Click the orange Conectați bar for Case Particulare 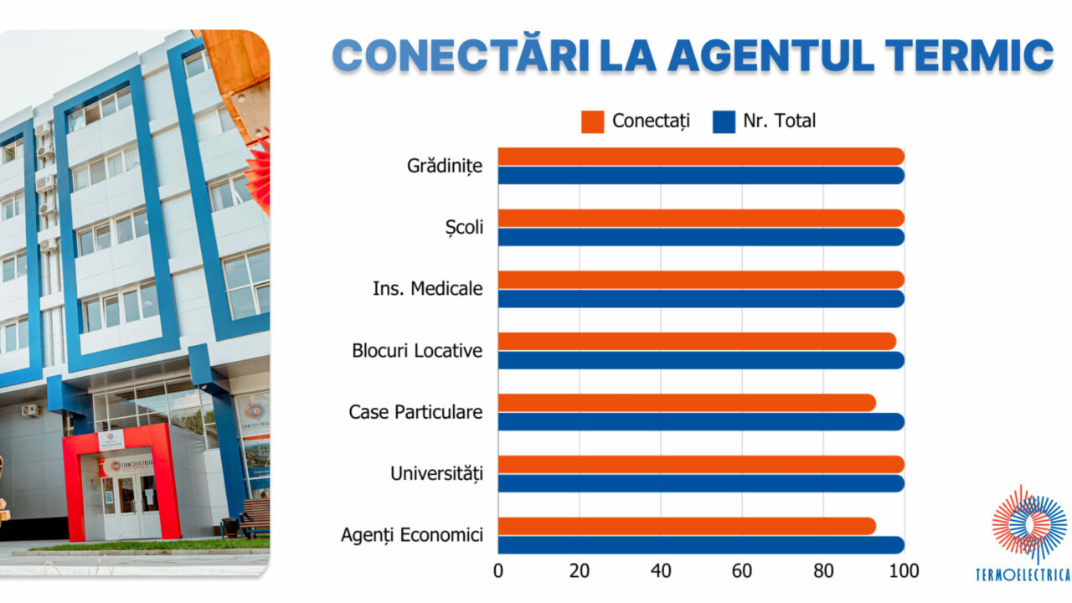pyautogui.click(x=687, y=403)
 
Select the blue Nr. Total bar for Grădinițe pyautogui.click(x=701, y=176)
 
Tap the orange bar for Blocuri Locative pyautogui.click(x=697, y=341)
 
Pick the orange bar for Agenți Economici pyautogui.click(x=687, y=526)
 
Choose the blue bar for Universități pyautogui.click(x=701, y=483)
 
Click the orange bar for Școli pyautogui.click(x=701, y=218)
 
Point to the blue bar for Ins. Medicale pyautogui.click(x=701, y=299)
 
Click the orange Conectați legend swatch pyautogui.click(x=592, y=122)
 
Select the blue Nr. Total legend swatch pyautogui.click(x=724, y=122)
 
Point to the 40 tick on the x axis pyautogui.click(x=661, y=571)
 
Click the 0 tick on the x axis pyautogui.click(x=498, y=571)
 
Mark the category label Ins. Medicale pyautogui.click(x=427, y=289)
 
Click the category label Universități pyautogui.click(x=436, y=474)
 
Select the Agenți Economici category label pyautogui.click(x=412, y=535)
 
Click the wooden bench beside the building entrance pyautogui.click(x=255, y=519)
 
